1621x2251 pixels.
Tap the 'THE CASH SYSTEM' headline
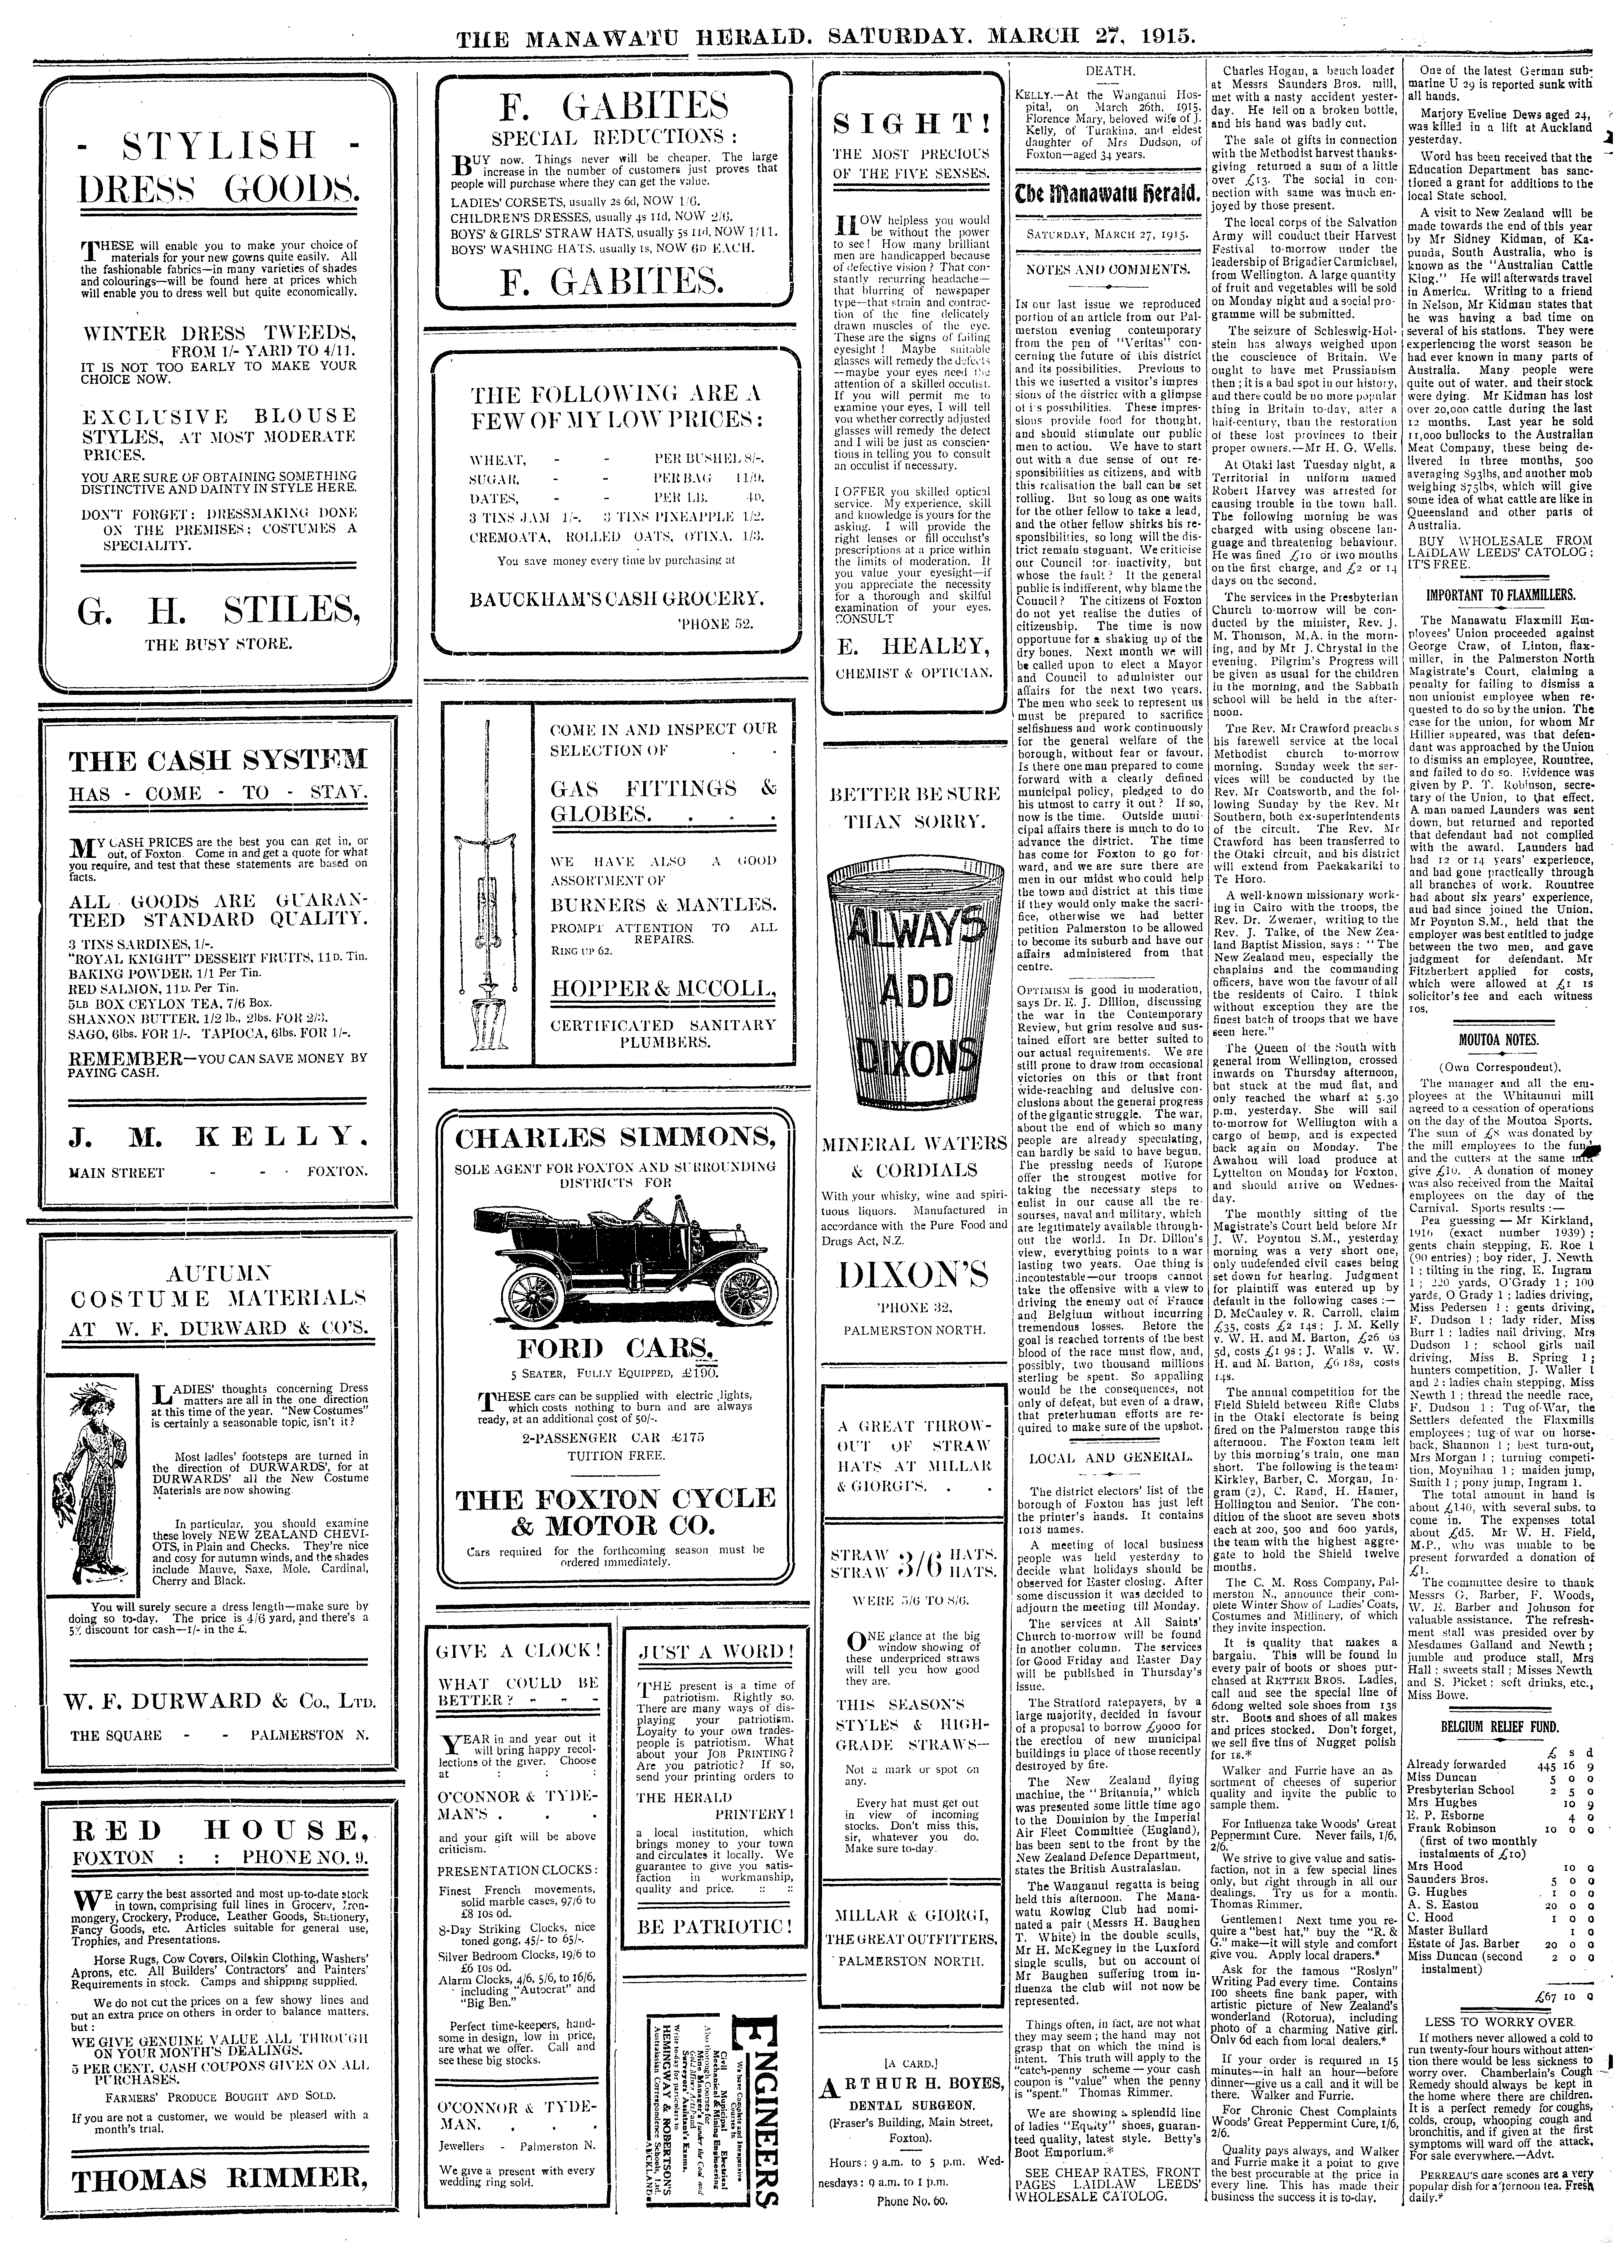(x=217, y=761)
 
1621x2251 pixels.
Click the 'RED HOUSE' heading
(x=217, y=1827)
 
